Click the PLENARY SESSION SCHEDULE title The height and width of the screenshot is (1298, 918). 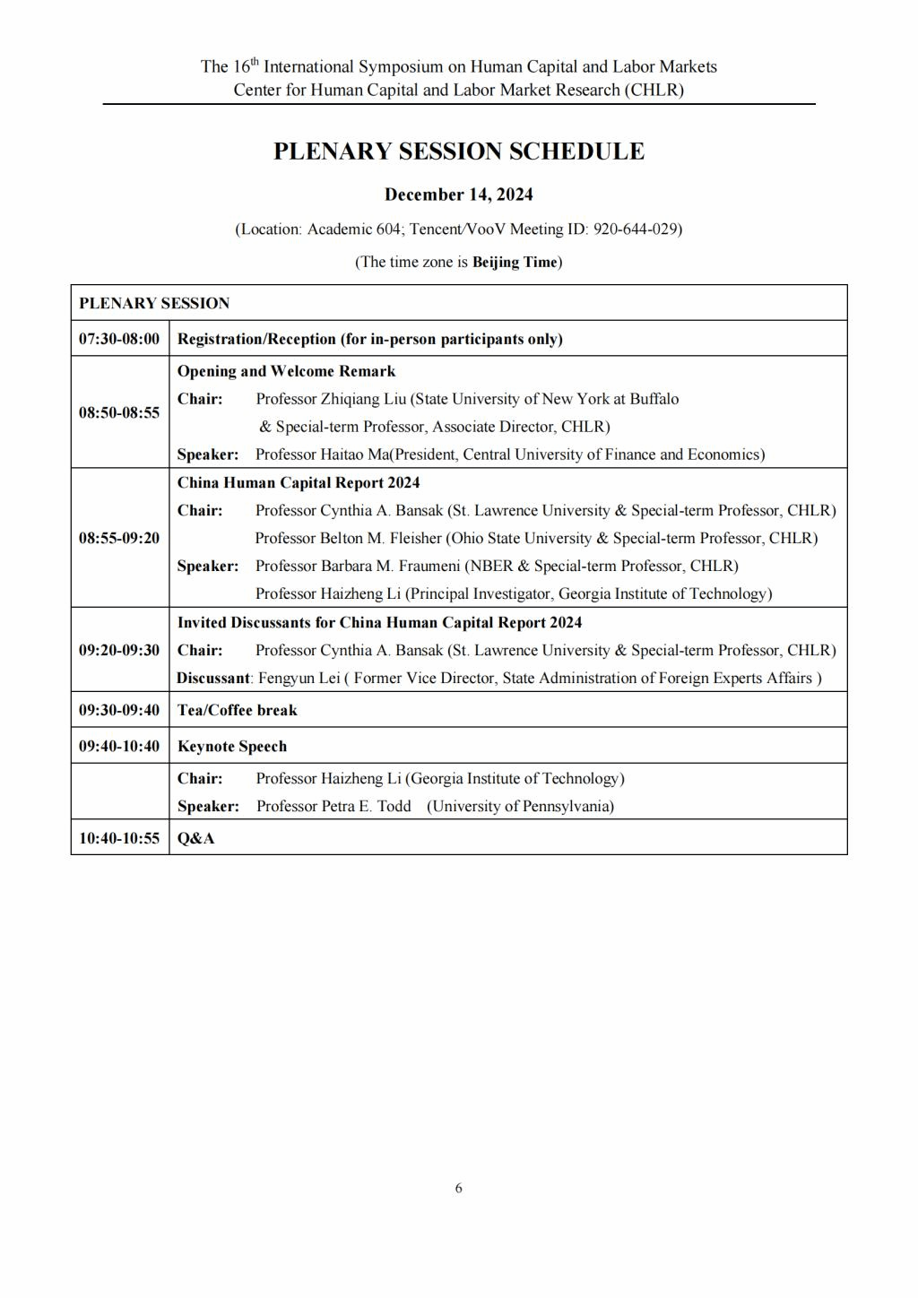coord(458,151)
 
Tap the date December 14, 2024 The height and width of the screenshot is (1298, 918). coord(458,195)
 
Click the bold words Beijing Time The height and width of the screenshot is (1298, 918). coord(515,262)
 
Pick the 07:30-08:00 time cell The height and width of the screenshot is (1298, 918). coord(119,339)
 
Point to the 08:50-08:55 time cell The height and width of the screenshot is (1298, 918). coord(119,412)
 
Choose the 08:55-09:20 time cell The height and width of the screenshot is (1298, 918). coord(119,538)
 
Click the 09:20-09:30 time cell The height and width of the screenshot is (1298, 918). coord(119,650)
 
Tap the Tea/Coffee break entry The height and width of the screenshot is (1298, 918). coord(237,710)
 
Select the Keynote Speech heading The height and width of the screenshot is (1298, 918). coord(232,746)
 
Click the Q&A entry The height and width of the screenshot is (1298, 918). coord(195,838)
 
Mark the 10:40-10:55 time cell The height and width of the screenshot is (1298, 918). coord(119,838)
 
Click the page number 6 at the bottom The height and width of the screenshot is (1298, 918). coord(459,1189)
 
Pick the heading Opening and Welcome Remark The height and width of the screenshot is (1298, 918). coord(286,371)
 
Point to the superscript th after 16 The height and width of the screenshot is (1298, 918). coord(255,61)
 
